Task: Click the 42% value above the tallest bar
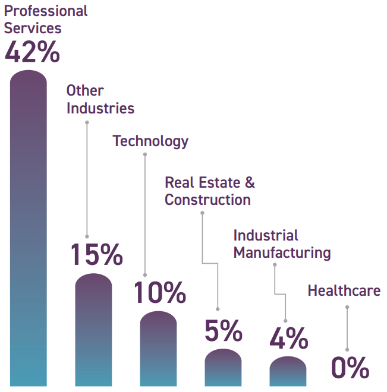point(32,52)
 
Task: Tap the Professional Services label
point(46,19)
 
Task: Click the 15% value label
point(96,254)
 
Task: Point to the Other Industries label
point(100,99)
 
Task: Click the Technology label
point(150,141)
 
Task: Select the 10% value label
point(159,293)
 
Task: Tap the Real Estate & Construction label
point(209,191)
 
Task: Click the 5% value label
point(223,331)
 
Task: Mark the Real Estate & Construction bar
point(223,368)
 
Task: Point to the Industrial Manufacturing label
point(281,244)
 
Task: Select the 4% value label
point(288,339)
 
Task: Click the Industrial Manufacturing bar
point(288,372)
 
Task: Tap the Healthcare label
point(344,290)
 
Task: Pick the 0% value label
point(350,368)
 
